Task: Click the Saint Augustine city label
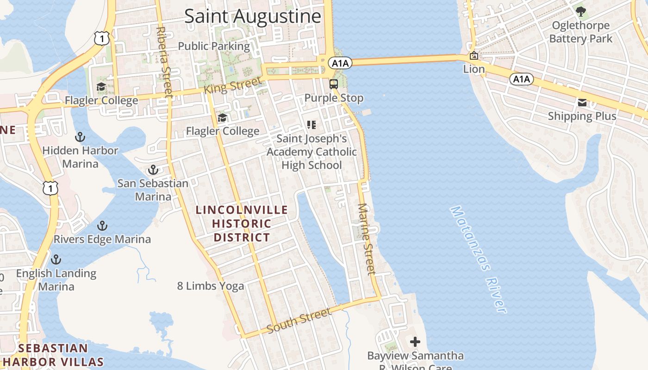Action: [253, 16]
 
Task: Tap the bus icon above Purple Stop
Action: [334, 84]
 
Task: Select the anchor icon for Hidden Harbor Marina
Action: [80, 137]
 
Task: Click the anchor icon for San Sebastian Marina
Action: [153, 170]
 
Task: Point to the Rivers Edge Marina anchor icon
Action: [102, 226]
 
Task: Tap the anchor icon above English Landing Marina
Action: [56, 259]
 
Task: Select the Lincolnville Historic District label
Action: [241, 223]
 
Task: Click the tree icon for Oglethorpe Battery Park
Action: [580, 11]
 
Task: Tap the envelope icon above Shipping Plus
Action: [582, 103]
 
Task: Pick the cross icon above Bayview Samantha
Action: [415, 342]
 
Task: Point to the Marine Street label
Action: [366, 239]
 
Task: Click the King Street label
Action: [233, 86]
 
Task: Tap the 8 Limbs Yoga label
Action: [211, 286]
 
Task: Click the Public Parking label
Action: [214, 46]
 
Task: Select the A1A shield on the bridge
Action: [340, 62]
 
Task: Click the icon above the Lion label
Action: [474, 56]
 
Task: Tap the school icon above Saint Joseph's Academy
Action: [312, 124]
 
